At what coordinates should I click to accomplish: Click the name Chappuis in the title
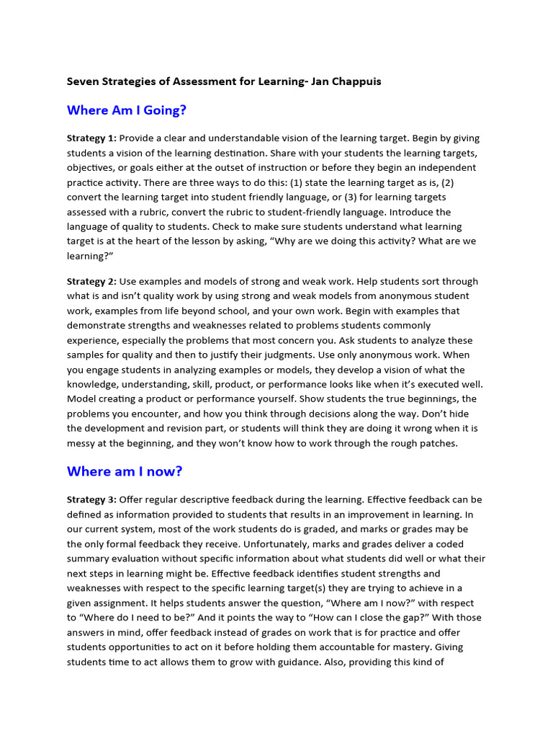pos(355,81)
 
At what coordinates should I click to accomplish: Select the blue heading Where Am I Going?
pos(127,110)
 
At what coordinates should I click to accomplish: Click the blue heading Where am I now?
pos(125,471)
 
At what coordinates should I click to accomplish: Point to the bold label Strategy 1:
pos(91,138)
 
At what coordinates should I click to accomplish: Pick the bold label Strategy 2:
pos(91,281)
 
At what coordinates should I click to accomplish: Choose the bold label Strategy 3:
pos(91,499)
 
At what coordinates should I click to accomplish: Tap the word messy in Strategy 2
pos(82,443)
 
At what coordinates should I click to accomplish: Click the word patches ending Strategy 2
pos(439,443)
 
